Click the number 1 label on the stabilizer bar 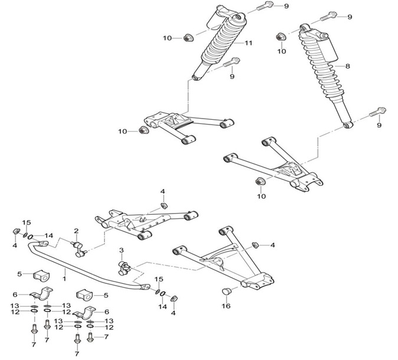(64, 279)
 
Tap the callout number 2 (76, 231)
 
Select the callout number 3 (121, 250)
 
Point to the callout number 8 (347, 66)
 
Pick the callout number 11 (248, 43)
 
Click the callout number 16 (226, 306)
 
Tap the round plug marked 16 (226, 292)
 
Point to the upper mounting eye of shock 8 (304, 27)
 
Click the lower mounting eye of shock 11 (196, 78)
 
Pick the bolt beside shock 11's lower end (231, 62)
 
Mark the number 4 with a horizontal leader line (272, 245)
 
